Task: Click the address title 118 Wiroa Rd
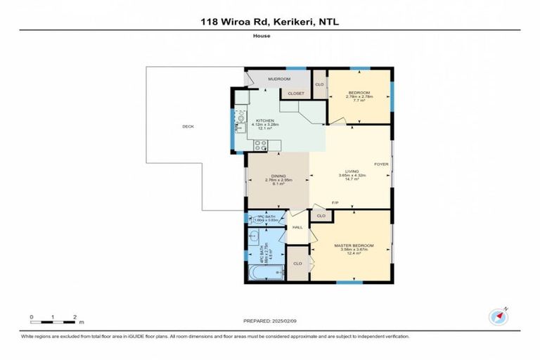(x=269, y=21)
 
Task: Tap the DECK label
(x=188, y=127)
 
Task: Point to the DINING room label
(x=275, y=176)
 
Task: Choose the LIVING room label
(x=349, y=172)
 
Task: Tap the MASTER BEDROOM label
(x=354, y=245)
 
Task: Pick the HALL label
(x=297, y=227)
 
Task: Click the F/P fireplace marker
(x=335, y=203)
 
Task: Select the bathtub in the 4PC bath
(x=264, y=271)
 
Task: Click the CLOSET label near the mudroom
(x=295, y=93)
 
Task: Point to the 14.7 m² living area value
(x=349, y=180)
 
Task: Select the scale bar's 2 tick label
(x=75, y=316)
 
